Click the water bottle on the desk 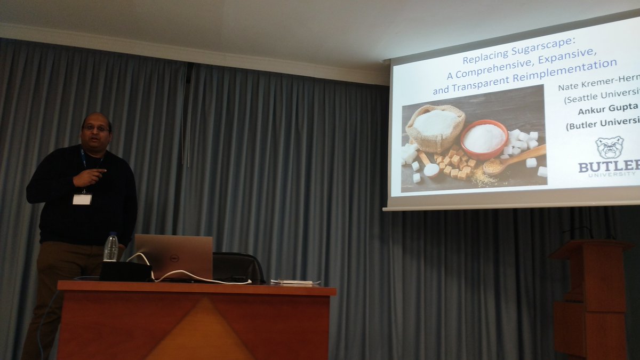111,248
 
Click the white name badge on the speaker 82,199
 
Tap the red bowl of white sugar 484,139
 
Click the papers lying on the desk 294,282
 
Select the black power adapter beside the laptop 126,271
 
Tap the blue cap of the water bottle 111,234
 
